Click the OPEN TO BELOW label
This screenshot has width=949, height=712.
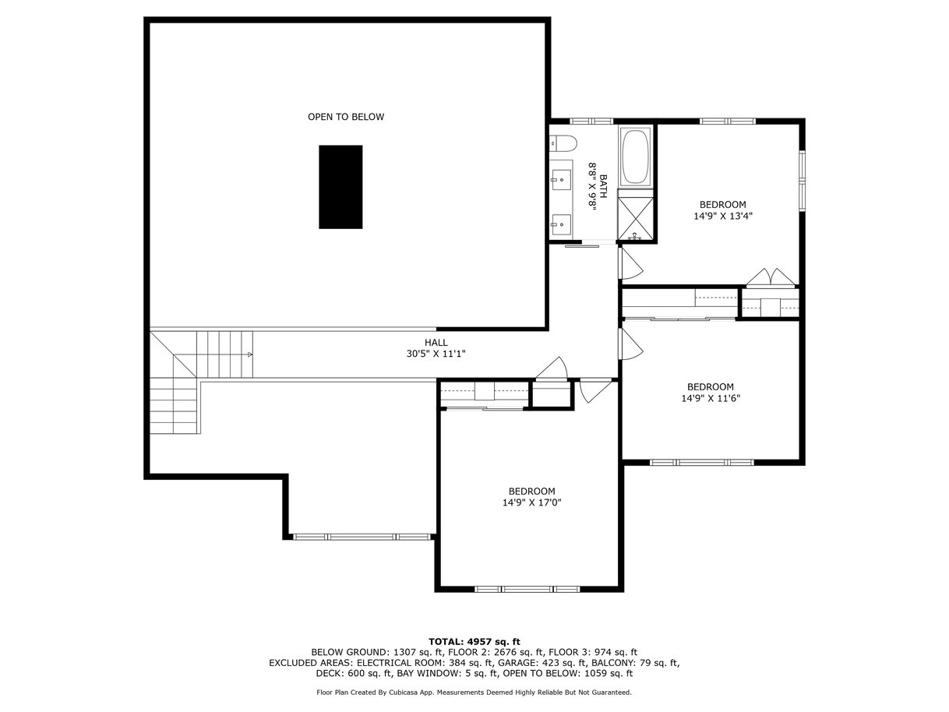tap(346, 117)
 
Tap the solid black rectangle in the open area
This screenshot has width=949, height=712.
tap(340, 187)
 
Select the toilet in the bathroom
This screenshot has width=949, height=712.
tap(563, 143)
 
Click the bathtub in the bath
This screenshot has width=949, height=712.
tap(635, 156)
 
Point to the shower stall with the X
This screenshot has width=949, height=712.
tap(635, 218)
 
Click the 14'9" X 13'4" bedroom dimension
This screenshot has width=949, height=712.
tap(723, 216)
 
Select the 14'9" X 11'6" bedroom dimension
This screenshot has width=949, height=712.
tap(711, 398)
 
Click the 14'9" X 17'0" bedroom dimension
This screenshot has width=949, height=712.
tap(532, 502)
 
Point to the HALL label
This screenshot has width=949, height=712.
tap(436, 343)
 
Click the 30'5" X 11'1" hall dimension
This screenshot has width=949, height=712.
tap(436, 354)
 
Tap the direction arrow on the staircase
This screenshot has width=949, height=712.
tap(250, 354)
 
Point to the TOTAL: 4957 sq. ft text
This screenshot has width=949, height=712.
tap(474, 642)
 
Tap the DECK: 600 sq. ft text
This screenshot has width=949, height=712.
tap(354, 673)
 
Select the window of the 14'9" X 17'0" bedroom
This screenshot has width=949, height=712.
tap(527, 589)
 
